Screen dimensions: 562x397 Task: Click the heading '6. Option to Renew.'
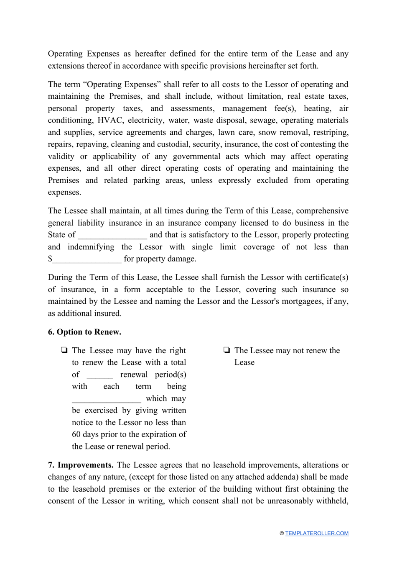84,332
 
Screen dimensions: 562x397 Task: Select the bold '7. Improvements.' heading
81,465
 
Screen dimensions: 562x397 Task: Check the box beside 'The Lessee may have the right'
64,350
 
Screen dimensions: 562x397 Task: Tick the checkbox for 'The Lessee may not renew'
227,350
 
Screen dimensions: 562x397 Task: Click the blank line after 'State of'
112,235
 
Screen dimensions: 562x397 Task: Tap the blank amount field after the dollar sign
87,259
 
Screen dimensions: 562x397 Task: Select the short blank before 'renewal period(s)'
99,375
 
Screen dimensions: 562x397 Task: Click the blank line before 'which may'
106,399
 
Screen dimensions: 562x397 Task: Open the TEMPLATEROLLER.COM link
317,533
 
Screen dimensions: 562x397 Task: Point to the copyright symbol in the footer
282,533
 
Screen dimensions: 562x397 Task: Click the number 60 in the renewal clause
76,434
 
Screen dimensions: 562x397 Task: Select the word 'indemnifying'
91,247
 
